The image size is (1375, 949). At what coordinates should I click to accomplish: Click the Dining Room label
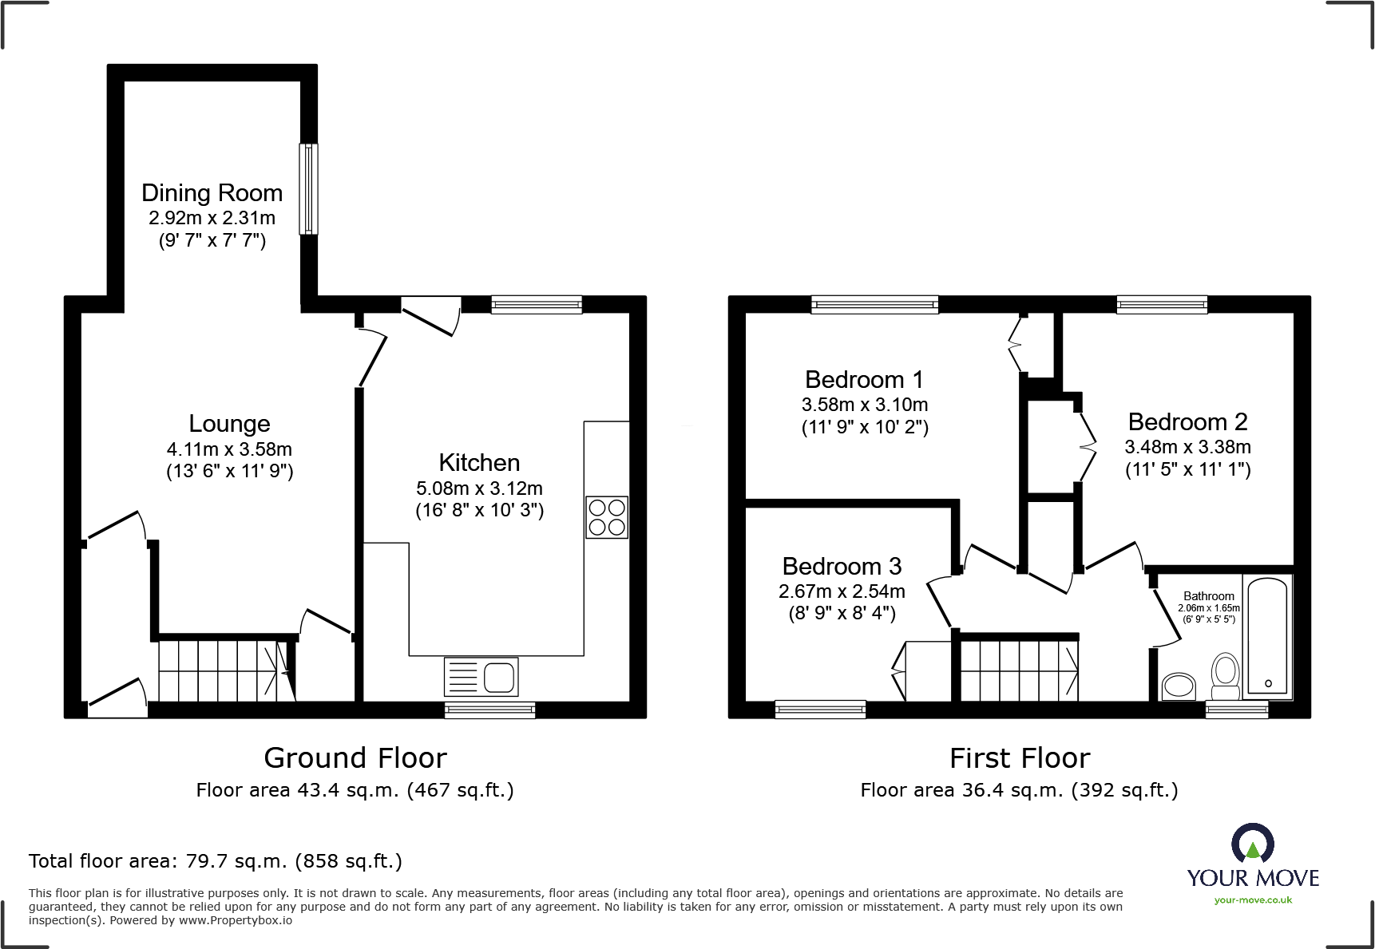tap(212, 193)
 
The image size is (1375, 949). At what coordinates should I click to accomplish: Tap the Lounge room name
tap(229, 424)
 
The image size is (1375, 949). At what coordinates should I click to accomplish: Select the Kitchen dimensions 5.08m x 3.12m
tap(479, 488)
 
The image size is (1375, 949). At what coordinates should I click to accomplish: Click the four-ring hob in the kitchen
tap(607, 517)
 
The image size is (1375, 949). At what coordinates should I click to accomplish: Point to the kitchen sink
tap(481, 677)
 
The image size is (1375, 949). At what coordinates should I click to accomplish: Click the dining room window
tap(308, 189)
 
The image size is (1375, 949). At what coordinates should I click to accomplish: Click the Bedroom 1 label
tap(864, 380)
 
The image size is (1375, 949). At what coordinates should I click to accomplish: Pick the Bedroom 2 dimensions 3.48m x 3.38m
tap(1187, 447)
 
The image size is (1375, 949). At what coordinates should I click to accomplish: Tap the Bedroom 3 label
tap(842, 567)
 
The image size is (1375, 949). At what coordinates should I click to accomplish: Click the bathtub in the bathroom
tap(1267, 636)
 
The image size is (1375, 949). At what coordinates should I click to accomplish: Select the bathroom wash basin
tap(1179, 686)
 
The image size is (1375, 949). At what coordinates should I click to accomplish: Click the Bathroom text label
tap(1209, 596)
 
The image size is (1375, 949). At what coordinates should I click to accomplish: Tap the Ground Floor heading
tap(355, 758)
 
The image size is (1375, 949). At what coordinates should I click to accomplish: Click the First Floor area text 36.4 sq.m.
tap(1019, 790)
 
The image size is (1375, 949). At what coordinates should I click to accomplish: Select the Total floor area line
tap(216, 861)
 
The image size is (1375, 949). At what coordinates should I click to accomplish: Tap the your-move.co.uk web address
tap(1253, 900)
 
